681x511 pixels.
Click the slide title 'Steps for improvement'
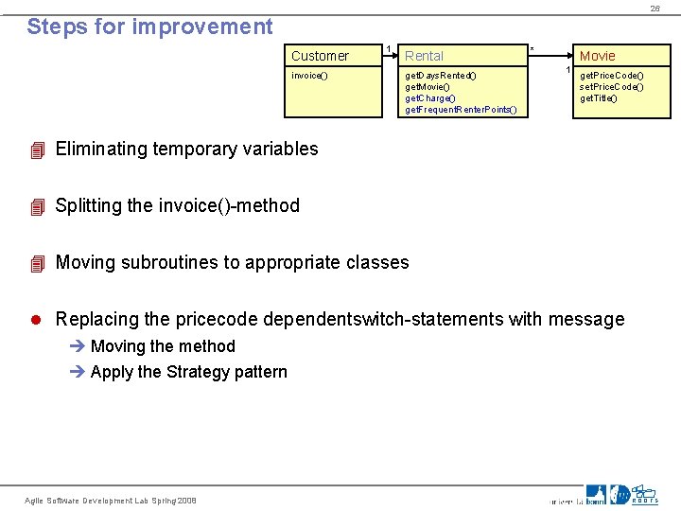point(149,26)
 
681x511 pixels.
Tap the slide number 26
point(655,9)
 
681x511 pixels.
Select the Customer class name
point(320,56)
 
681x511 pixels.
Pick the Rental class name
point(424,56)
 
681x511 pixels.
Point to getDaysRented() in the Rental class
point(441,76)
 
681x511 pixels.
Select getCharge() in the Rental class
point(430,98)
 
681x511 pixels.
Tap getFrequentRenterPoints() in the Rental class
point(461,110)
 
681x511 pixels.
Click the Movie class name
point(597,56)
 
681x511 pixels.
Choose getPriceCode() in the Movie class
point(611,76)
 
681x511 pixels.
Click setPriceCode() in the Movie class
point(611,87)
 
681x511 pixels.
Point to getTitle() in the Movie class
point(598,98)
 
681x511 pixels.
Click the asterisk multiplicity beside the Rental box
point(532,49)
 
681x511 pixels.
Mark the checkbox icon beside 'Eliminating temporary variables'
point(37,150)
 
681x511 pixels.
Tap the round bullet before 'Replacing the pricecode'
point(37,319)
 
